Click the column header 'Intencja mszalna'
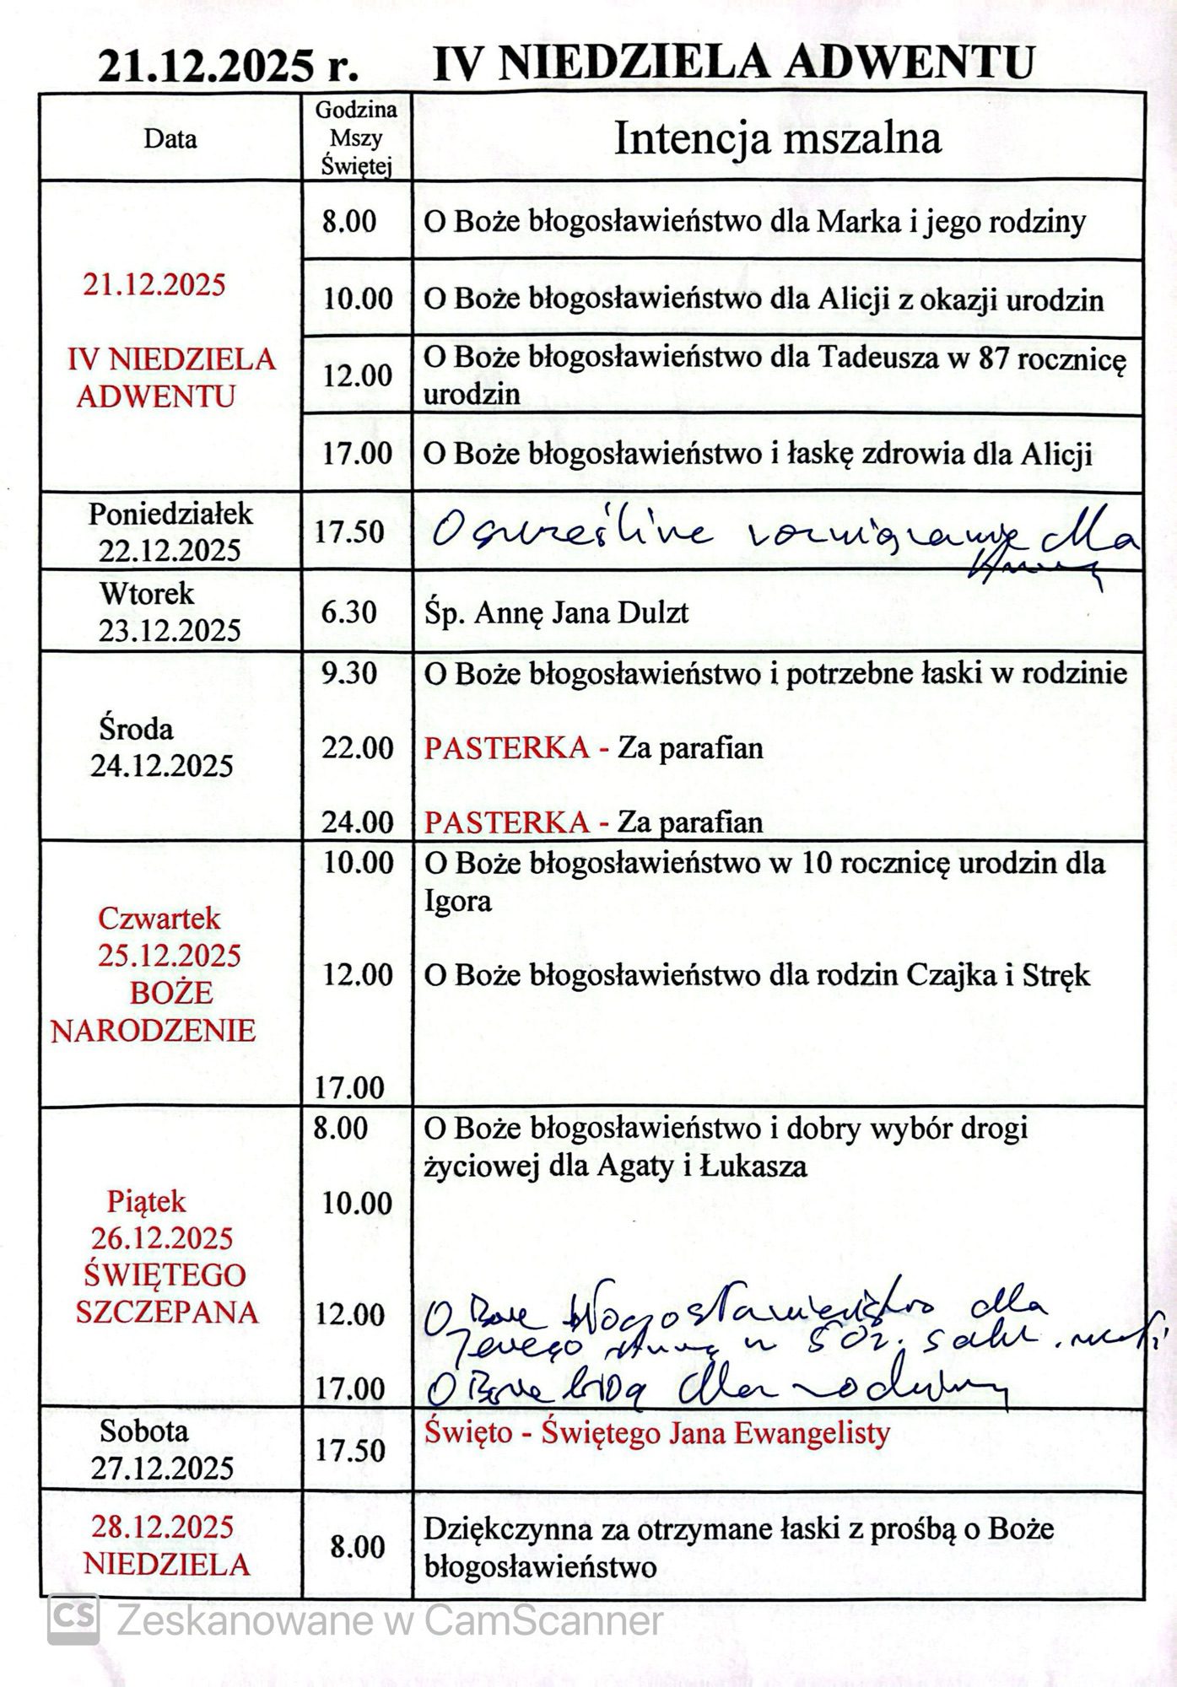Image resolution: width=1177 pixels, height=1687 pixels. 777,138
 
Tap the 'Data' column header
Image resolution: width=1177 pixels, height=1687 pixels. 170,137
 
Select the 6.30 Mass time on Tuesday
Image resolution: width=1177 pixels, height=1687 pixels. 348,612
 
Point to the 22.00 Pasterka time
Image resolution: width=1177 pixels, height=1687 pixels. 358,747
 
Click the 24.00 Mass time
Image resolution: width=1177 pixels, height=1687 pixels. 358,822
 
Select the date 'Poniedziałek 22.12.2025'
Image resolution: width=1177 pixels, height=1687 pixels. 170,532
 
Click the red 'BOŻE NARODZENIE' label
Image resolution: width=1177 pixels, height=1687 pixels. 154,1011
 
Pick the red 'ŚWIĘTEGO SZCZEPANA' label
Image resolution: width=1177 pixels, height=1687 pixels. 167,1293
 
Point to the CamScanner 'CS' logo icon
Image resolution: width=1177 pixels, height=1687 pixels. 73,1619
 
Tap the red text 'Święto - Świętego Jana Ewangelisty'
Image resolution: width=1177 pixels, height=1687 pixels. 656,1433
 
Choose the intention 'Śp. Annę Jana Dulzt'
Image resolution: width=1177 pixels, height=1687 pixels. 556,612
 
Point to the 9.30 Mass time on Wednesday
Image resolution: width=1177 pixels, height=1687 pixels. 348,674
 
